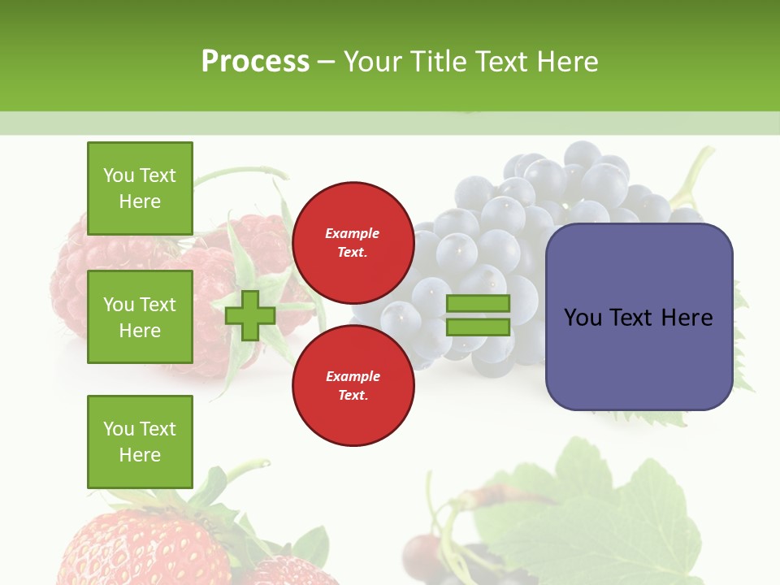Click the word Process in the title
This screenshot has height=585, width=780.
255,62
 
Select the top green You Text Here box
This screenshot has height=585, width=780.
140,188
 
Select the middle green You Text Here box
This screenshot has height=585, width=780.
140,317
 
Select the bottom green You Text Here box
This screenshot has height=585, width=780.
140,442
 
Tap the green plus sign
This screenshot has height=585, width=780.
249,316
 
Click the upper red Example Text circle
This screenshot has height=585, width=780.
353,243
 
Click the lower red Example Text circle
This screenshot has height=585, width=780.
353,386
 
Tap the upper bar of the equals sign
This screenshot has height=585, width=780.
478,304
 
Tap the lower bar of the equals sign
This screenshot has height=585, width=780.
478,327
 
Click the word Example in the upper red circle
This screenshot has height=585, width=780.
353,234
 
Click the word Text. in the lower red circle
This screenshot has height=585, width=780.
353,396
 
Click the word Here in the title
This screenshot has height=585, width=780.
565,62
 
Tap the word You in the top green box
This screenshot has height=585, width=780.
119,175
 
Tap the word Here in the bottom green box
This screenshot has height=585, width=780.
140,455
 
